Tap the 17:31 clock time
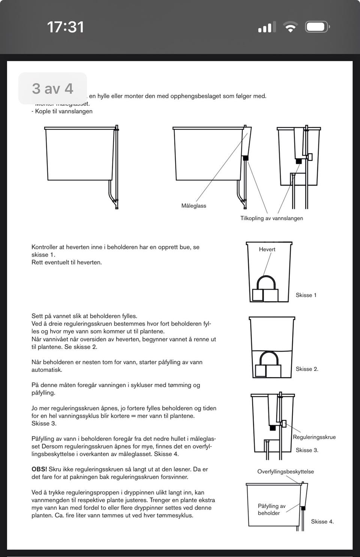65,27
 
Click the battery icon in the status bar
317,27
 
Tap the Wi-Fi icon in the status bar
290,27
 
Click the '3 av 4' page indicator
52,89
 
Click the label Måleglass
193,206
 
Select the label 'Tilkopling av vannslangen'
271,218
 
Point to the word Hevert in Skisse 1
267,249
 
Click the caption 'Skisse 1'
306,295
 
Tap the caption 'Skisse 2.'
307,369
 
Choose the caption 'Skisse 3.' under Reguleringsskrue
307,450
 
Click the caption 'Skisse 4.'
322,521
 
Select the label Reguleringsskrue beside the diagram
314,437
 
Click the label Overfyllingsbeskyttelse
285,471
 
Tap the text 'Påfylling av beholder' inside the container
271,509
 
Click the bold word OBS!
39,469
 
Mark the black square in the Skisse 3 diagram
273,427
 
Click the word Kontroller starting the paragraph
45,247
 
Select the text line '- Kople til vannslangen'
62,111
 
